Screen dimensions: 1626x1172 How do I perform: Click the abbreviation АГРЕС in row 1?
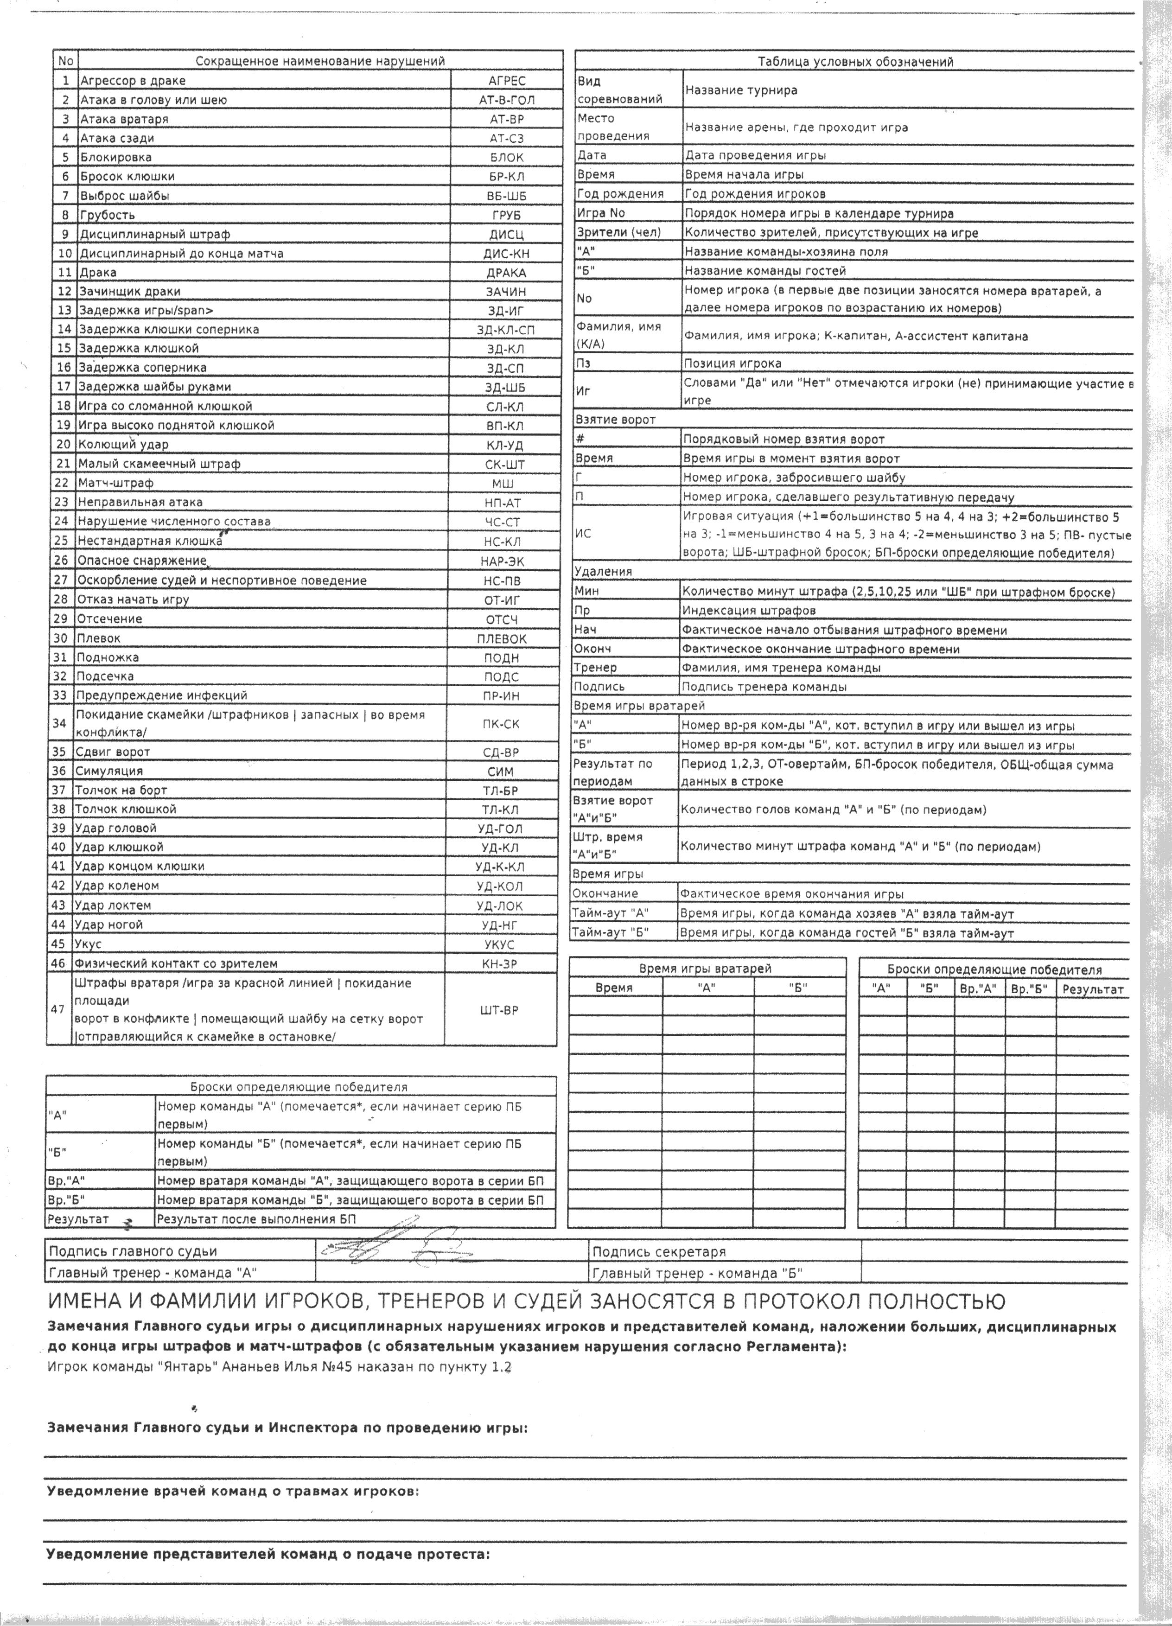coord(506,81)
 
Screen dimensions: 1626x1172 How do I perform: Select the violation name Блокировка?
coord(115,157)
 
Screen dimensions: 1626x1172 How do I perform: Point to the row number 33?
coord(60,695)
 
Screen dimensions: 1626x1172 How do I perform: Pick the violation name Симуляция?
coord(109,771)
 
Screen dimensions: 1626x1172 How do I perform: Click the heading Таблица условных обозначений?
coord(855,62)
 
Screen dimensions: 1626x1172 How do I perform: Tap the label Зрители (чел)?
coord(618,232)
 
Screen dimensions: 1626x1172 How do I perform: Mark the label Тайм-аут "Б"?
coord(610,933)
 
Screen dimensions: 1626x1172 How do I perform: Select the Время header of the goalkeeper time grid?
coord(614,988)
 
